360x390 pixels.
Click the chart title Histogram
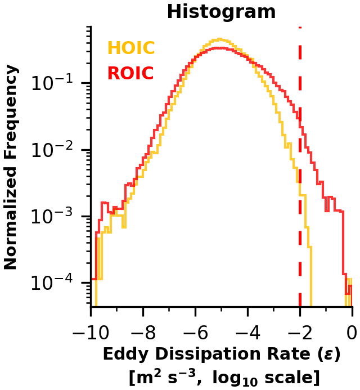(x=221, y=11)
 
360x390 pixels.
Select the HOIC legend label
(x=131, y=47)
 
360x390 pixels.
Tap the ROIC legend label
(x=130, y=73)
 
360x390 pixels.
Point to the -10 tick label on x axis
(x=91, y=333)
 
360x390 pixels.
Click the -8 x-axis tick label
(x=143, y=333)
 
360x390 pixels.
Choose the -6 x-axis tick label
(x=195, y=333)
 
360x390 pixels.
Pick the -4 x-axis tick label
(x=248, y=333)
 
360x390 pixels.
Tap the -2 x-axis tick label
(x=300, y=333)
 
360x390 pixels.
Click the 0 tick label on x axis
(x=352, y=333)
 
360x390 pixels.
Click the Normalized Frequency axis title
(x=11, y=167)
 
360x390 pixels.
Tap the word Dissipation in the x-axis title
(x=208, y=355)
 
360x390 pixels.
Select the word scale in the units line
(x=288, y=378)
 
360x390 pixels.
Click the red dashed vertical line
(x=300, y=167)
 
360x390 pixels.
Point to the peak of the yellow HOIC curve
(x=219, y=39)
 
